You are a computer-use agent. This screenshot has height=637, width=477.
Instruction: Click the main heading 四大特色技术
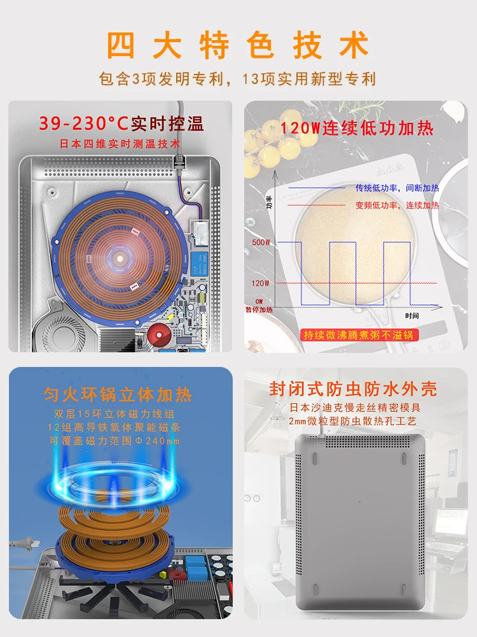(238, 45)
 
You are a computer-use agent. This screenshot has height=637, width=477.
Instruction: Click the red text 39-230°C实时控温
(121, 124)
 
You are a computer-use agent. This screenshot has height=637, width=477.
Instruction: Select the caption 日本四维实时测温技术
(120, 144)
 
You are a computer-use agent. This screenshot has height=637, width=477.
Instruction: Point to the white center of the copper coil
(120, 258)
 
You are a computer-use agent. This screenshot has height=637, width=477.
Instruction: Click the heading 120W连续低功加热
(357, 129)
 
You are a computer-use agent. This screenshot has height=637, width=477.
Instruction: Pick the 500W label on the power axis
(261, 242)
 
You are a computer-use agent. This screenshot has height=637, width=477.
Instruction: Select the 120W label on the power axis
(260, 283)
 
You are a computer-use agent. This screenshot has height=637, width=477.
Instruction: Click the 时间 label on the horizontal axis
(411, 316)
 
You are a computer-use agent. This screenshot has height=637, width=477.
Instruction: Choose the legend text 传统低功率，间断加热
(397, 188)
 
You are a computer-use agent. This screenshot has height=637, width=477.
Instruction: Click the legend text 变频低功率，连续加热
(397, 205)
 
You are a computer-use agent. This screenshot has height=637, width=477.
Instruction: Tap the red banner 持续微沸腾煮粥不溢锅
(359, 335)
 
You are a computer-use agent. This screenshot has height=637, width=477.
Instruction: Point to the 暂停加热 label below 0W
(259, 310)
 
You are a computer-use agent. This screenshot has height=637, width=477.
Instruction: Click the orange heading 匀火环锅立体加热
(118, 394)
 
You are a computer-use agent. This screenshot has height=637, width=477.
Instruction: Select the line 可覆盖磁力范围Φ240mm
(114, 441)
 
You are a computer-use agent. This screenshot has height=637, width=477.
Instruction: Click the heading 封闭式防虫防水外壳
(353, 389)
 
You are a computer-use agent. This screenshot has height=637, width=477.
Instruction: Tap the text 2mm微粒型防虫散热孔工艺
(352, 421)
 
